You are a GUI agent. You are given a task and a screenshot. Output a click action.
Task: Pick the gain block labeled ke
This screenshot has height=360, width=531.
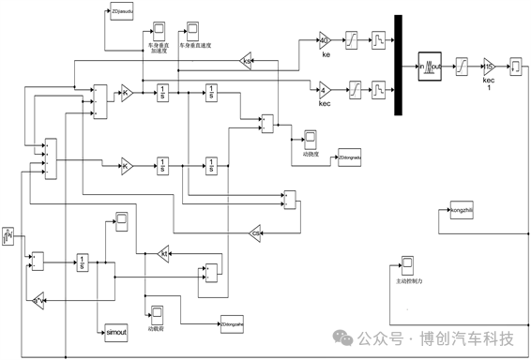coord(325,41)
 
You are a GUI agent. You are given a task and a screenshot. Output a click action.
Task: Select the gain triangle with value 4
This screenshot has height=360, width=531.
coord(324,91)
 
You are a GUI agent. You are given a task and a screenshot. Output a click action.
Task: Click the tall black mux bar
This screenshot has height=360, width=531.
coord(399,66)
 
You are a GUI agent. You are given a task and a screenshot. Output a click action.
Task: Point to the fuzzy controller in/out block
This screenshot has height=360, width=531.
coord(430,65)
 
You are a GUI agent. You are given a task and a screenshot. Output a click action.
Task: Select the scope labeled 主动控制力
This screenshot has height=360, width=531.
coord(408,263)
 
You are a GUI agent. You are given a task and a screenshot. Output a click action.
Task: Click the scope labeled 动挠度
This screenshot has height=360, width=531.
coord(311,138)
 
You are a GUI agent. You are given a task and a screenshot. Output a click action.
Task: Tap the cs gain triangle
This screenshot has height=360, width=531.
coord(256,232)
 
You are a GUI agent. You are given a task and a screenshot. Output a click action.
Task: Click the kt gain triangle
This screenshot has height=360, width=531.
coord(162,254)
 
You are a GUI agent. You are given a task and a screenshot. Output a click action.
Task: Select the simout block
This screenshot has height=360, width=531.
coord(115,331)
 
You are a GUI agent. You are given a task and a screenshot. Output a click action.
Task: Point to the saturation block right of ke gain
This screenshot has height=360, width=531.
coord(353,41)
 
